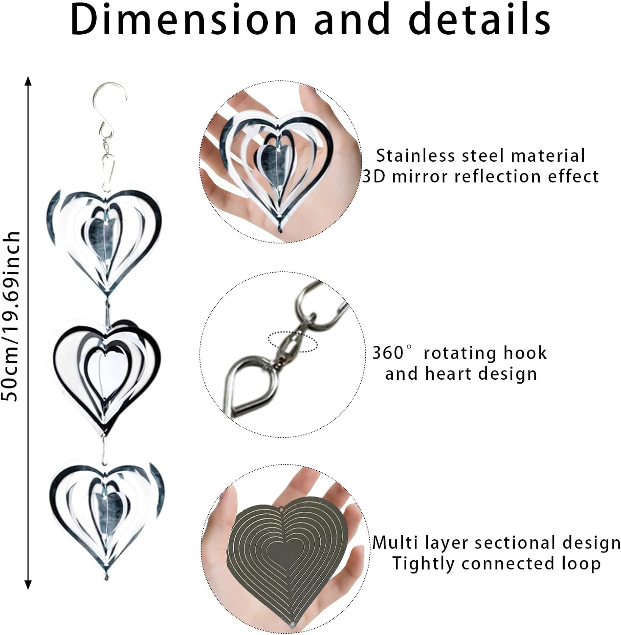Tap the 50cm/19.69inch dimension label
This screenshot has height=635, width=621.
coord(11,316)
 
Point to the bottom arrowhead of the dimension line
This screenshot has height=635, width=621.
coord(28,585)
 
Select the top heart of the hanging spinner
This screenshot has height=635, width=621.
coord(105,237)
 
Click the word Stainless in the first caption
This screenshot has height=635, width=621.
coord(410,156)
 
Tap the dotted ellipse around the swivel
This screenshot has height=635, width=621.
coord(293,341)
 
